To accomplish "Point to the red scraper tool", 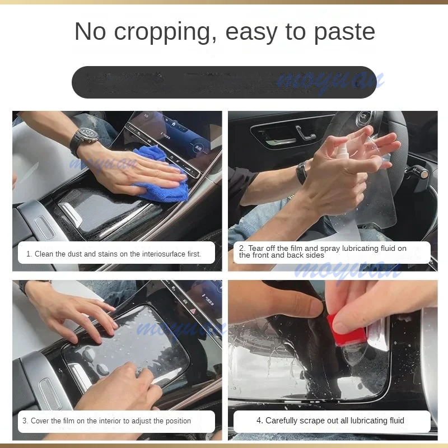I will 345,330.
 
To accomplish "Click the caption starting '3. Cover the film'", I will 106,421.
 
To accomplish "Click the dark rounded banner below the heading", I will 224,82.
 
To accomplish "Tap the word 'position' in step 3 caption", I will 176,421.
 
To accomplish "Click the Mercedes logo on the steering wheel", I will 364,119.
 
